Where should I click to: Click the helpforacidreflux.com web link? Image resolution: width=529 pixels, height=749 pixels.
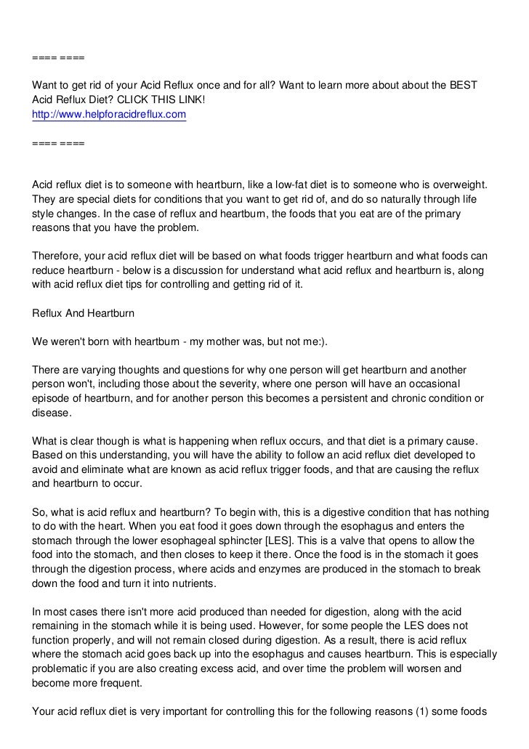(110, 115)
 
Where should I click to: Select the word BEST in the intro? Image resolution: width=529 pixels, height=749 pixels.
(462, 86)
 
